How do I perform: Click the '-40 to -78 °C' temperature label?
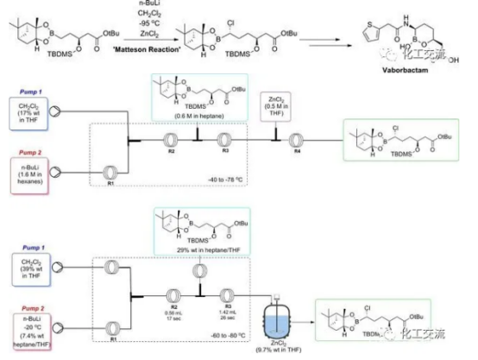point(223,180)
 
